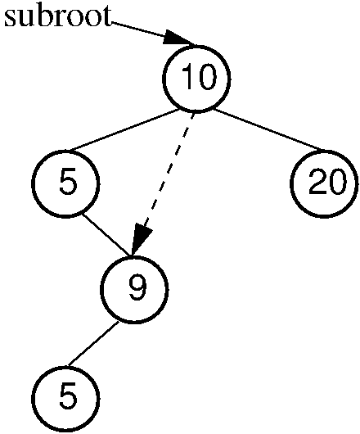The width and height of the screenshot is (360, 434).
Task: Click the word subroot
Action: pos(58,16)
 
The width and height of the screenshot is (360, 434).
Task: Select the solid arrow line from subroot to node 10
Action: pos(153,34)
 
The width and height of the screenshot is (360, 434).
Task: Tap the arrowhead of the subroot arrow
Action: pos(179,38)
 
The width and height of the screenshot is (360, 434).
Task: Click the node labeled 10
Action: pos(196,79)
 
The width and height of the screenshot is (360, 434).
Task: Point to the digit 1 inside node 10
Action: pos(188,76)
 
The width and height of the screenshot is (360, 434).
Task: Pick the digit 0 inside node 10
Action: pos(205,77)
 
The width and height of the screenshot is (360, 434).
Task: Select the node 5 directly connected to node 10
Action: pos(65,183)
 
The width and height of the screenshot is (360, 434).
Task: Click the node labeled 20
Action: pos(324,183)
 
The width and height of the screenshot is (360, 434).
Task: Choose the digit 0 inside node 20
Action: pos(337,182)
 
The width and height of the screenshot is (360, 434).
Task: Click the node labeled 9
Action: pos(134,289)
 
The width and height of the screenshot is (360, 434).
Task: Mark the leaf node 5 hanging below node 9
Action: pos(65,399)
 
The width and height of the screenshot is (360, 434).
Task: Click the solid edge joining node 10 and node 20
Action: pos(268,130)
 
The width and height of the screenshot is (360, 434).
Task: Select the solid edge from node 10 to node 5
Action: pos(124,130)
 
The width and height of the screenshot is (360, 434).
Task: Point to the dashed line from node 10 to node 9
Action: pos(163,183)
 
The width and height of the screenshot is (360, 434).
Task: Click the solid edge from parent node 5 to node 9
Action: pos(106,235)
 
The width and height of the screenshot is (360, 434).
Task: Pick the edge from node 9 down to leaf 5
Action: pos(93,343)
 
